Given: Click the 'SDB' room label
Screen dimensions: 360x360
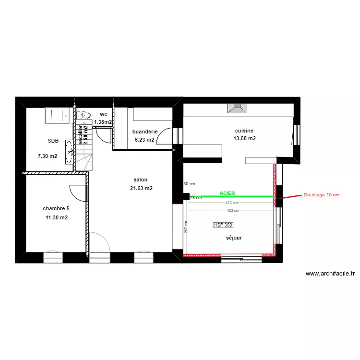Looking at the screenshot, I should click(53, 141).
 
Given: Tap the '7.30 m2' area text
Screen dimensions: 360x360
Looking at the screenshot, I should click(48, 156).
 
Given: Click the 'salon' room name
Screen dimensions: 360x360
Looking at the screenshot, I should click(141, 180).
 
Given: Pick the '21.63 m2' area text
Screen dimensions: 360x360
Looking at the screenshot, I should click(141, 188).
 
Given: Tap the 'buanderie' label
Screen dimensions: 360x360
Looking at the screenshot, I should click(144, 131).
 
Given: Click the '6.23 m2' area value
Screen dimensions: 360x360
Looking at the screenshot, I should click(144, 140).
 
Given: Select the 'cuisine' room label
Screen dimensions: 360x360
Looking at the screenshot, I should click(244, 131).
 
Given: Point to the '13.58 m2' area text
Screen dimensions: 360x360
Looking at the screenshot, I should click(244, 139).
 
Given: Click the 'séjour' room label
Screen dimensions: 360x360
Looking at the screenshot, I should click(234, 238).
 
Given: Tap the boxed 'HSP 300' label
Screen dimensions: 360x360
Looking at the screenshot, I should click(223, 225).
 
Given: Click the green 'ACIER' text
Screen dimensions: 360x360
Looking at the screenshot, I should click(227, 193).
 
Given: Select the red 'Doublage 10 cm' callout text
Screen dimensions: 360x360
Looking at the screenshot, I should click(321, 195).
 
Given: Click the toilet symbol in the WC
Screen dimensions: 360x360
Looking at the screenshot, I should click(85, 115).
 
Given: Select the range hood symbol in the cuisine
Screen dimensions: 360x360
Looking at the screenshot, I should click(238, 109).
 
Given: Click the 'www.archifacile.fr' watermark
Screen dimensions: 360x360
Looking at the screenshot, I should click(330, 274).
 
